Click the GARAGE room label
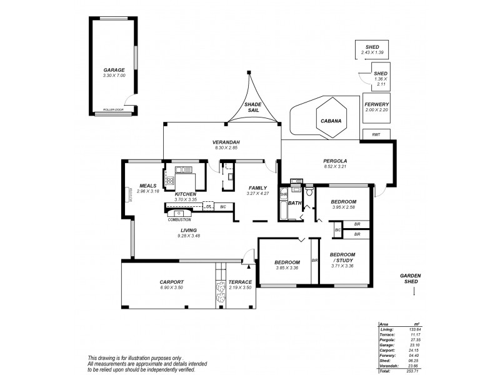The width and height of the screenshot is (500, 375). pyautogui.click(x=114, y=69)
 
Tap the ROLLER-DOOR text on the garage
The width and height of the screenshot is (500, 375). pyautogui.click(x=114, y=109)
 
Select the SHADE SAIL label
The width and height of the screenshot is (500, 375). pyautogui.click(x=254, y=107)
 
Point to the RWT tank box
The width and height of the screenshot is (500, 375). pyautogui.click(x=376, y=134)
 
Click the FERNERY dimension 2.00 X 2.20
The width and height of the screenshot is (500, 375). pyautogui.click(x=377, y=110)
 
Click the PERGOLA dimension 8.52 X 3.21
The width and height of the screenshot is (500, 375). pyautogui.click(x=335, y=167)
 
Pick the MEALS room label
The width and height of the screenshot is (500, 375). pyautogui.click(x=147, y=185)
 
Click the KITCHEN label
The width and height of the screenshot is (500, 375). pyautogui.click(x=186, y=194)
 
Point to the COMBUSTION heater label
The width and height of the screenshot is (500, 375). pyautogui.click(x=180, y=219)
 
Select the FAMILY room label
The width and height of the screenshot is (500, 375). pyautogui.click(x=257, y=187)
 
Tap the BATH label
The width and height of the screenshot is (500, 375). pyautogui.click(x=295, y=203)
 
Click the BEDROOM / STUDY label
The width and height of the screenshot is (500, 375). pyautogui.click(x=342, y=257)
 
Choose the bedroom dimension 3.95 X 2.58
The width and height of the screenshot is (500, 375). pyautogui.click(x=343, y=207)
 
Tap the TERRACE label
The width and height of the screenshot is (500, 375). pyautogui.click(x=240, y=282)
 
